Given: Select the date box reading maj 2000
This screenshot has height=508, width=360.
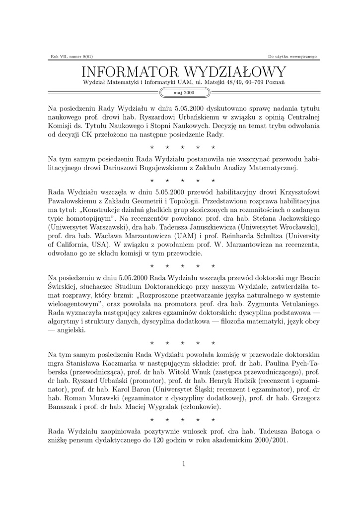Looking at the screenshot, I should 183,93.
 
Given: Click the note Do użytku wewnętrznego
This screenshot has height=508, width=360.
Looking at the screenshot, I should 292,56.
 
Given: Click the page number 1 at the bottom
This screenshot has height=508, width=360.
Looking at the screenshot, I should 183,464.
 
